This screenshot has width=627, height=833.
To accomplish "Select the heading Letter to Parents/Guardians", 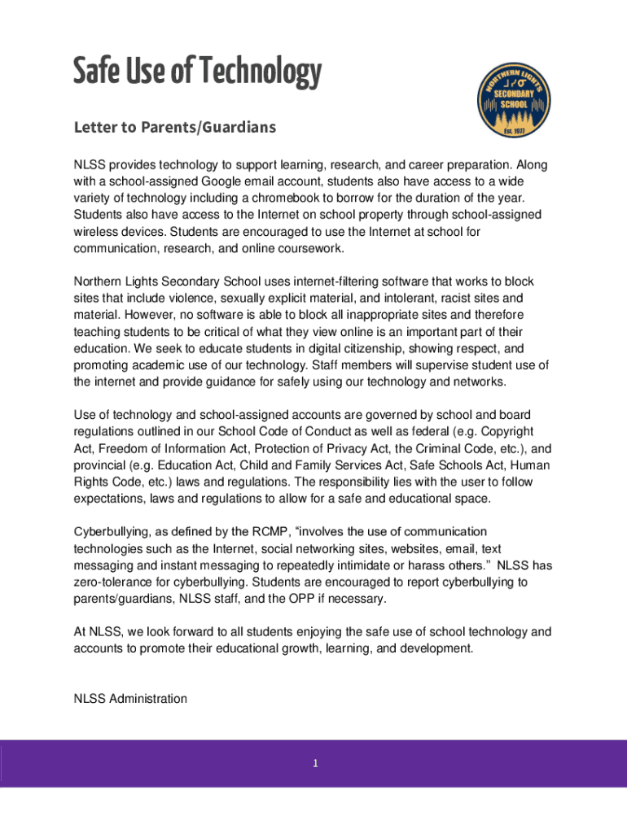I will click(175, 128).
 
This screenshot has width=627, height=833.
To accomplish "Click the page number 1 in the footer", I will click(313, 763).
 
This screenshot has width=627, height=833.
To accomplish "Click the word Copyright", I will click(503, 431).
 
